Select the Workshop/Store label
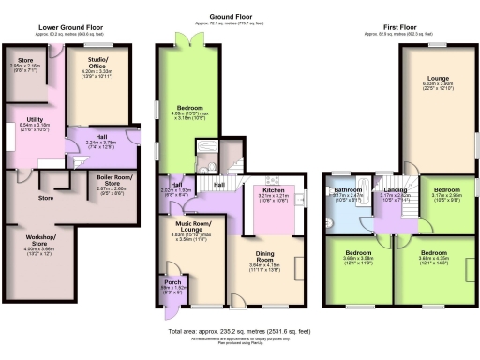pyautogui.click(x=39, y=243)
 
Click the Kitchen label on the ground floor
pyautogui.click(x=272, y=191)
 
